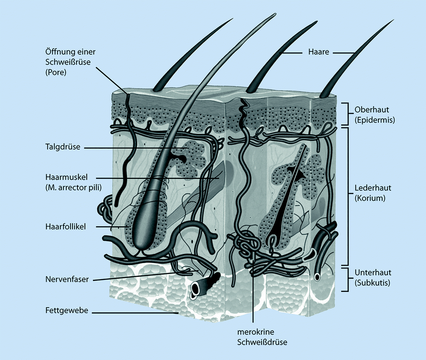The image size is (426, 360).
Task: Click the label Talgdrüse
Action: tap(62, 147)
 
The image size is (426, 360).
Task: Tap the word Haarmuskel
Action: tap(66, 177)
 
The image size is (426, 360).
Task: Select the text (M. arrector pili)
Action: tap(73, 188)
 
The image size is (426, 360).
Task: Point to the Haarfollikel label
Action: tap(65, 227)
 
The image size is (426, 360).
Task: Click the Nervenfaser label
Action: tap(67, 279)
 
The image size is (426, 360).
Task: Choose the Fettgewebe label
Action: tap(67, 310)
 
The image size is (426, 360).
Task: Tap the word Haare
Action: tap(318, 52)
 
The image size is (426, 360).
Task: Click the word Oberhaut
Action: tap(372, 110)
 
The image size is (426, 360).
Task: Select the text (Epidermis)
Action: tap(375, 120)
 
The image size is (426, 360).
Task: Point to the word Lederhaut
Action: tap(373, 188)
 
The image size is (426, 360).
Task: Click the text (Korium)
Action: tap(370, 198)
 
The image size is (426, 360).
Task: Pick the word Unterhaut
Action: tap(373, 273)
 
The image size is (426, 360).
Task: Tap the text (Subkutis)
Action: tap(372, 283)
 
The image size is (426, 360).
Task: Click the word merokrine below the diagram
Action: tap(255, 332)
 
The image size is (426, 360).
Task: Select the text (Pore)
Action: tap(56, 72)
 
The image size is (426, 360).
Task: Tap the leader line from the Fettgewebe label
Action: tap(135, 313)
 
